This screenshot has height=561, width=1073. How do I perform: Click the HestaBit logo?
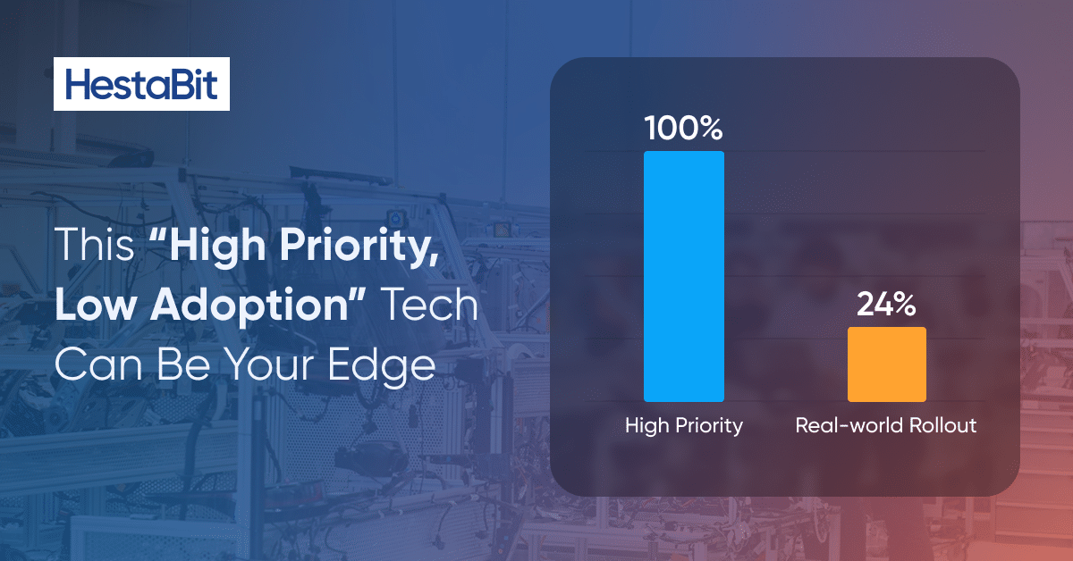pos(141,84)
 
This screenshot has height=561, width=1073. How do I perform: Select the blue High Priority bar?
pos(683,276)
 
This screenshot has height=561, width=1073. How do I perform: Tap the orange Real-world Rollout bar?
pos(887,364)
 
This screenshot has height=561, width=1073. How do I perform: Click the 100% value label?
pos(683,129)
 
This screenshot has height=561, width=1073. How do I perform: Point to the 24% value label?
pos(886,304)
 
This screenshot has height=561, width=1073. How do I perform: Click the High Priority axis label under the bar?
pos(683,425)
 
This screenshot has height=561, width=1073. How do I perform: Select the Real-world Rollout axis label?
pos(886,425)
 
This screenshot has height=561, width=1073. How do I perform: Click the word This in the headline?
pos(95,244)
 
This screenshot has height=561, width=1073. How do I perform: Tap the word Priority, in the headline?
pos(359,246)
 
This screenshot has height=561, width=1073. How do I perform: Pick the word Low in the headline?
pos(96,305)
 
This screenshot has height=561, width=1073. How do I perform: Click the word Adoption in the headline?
pos(249,306)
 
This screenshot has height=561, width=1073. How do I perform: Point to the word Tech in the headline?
pos(431,305)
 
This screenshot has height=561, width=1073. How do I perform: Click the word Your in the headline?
pos(269,364)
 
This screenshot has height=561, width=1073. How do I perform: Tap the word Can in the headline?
pos(98,364)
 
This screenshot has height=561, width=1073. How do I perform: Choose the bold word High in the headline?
pos(217,246)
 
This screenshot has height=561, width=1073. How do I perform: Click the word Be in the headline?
pos(183,364)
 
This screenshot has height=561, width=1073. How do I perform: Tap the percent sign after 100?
pos(708,129)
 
